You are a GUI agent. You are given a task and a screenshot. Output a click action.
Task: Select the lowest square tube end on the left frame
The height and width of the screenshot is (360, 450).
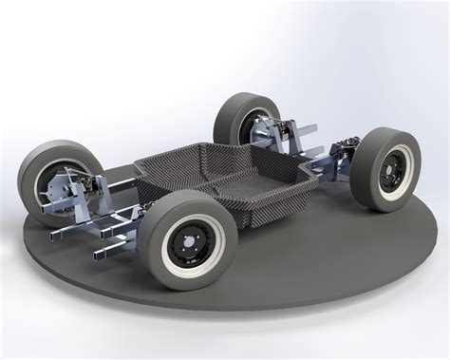[x=100, y=255]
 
